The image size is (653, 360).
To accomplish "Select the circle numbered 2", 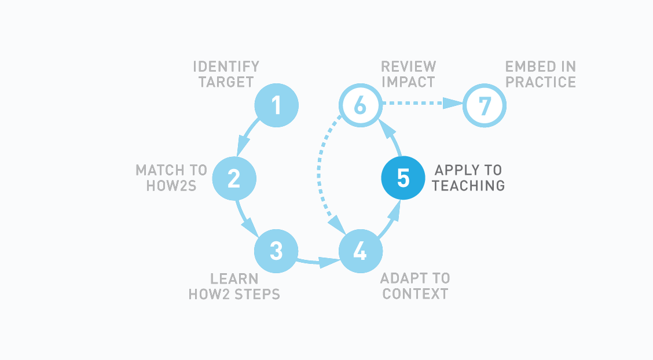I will click(x=234, y=178).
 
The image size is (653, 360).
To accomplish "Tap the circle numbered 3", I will click(x=276, y=251).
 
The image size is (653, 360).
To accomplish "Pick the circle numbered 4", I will click(x=361, y=251).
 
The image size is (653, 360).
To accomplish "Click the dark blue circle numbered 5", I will click(x=403, y=178).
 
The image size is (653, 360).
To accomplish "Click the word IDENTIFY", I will click(x=226, y=67).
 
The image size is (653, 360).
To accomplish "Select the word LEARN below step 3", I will click(x=234, y=279).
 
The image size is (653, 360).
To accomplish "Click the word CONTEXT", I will click(x=415, y=294).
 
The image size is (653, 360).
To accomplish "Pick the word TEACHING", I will click(x=468, y=186).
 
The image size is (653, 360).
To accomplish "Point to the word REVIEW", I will click(x=408, y=67).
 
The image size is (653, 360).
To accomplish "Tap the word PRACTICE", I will click(x=541, y=82).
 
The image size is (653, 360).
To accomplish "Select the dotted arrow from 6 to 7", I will click(x=423, y=104).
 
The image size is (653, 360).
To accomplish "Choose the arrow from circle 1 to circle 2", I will click(x=247, y=137).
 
